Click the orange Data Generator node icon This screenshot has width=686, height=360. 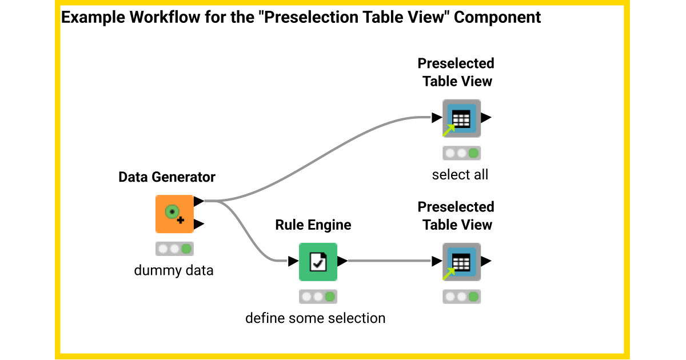click(174, 214)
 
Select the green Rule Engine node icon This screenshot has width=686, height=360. click(318, 262)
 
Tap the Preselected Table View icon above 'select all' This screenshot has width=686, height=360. click(461, 118)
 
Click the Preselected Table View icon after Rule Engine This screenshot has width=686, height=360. click(461, 262)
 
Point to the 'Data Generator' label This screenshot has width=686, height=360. click(167, 177)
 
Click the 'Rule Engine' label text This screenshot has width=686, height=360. click(313, 225)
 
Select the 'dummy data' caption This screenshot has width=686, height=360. click(174, 270)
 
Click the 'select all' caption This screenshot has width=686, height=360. click(460, 175)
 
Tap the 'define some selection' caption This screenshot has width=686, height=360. click(316, 318)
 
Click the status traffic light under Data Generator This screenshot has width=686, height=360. click(174, 249)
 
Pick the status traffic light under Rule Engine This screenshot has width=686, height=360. click(318, 297)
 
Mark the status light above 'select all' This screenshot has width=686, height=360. click(461, 153)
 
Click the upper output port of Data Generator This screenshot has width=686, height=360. click(198, 201)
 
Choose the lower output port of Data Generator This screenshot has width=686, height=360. click(198, 223)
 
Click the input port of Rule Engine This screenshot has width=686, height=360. click(293, 262)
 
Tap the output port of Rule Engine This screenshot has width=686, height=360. click(342, 262)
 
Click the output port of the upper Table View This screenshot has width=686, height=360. click(485, 118)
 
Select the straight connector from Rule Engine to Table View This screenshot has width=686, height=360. click(389, 262)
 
